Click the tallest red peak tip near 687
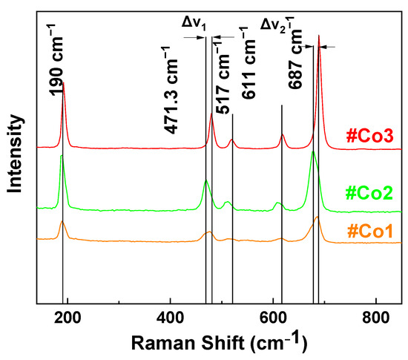(x=319, y=36)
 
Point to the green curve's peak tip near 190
(x=62, y=155)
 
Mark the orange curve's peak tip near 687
(x=317, y=217)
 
